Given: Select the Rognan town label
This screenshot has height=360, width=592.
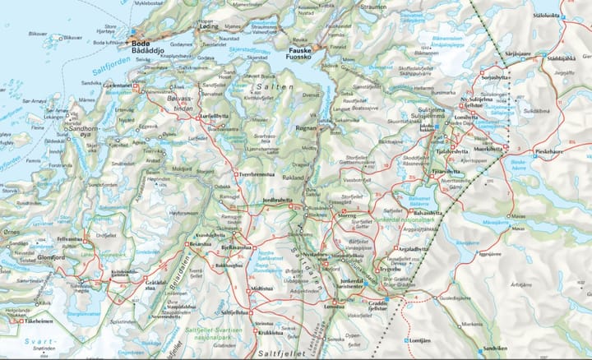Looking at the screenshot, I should (306, 127).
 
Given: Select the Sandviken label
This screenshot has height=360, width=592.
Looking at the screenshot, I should (496, 348).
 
